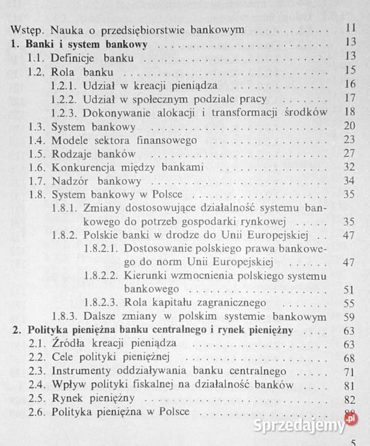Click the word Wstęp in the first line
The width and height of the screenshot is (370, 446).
(25, 30)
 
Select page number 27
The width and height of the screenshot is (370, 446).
(350, 153)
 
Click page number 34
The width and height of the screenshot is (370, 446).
(350, 181)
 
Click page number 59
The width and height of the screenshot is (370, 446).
(350, 317)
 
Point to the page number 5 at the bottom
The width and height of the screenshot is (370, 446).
(353, 442)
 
